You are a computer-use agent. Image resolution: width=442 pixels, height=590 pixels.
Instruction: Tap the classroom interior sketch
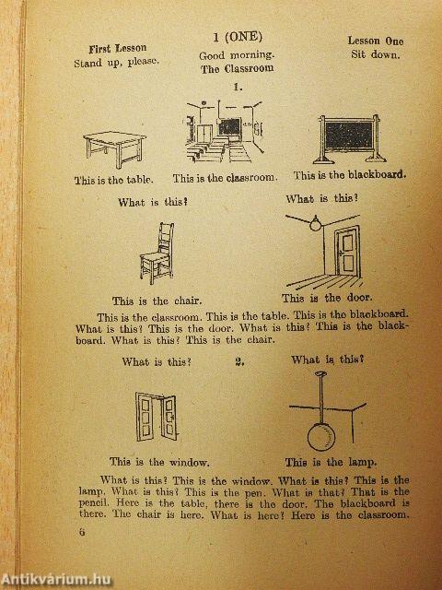[x=224, y=131]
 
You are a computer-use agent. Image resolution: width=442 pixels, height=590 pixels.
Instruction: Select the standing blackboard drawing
[x=350, y=138]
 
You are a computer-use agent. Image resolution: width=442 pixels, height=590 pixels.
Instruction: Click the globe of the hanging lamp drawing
[x=321, y=437]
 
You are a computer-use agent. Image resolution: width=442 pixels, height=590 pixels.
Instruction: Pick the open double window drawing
[x=157, y=417]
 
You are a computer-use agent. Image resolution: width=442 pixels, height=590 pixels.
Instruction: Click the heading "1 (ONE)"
[x=238, y=37]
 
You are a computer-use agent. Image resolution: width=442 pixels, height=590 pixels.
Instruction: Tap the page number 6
[x=82, y=533]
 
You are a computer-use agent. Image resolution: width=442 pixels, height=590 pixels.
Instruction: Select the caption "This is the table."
[x=114, y=180]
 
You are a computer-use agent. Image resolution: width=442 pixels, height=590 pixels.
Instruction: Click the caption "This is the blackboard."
[x=350, y=175]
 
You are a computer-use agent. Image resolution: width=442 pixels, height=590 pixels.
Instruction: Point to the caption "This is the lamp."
[x=331, y=462]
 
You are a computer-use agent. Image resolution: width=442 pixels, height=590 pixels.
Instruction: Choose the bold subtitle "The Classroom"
[x=238, y=69]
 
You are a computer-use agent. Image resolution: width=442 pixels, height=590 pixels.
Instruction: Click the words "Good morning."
[x=237, y=55]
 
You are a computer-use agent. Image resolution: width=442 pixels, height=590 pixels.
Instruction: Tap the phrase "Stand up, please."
[x=116, y=62]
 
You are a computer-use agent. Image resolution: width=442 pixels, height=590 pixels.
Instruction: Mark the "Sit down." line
[x=375, y=54]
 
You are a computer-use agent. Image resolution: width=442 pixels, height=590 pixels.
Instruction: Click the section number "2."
[x=239, y=362]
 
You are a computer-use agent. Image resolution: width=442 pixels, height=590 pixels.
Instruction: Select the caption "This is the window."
[x=159, y=462]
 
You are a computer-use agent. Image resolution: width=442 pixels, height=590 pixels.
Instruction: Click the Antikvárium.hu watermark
[x=56, y=580]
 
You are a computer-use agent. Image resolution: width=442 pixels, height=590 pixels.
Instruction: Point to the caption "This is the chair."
[x=157, y=301]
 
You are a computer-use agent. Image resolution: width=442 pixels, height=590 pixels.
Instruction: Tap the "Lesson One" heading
[x=376, y=41]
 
